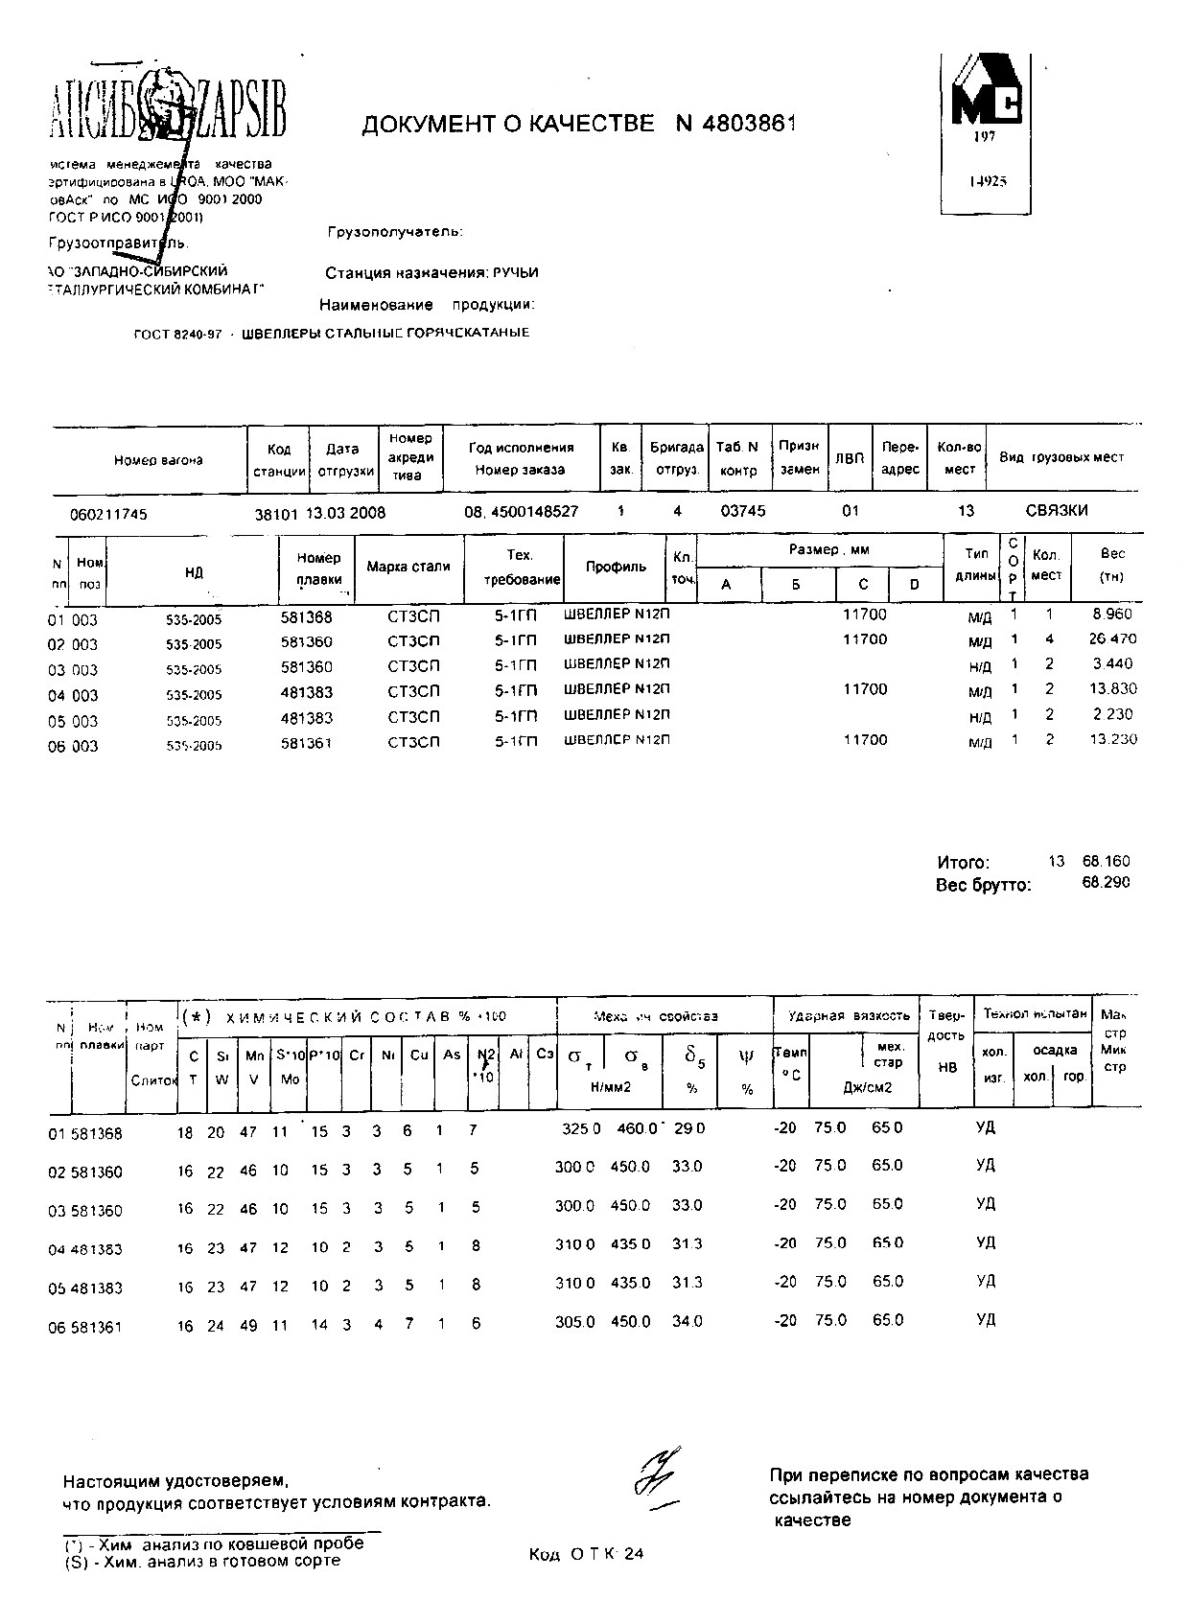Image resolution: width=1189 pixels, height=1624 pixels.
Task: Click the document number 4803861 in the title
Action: [749, 124]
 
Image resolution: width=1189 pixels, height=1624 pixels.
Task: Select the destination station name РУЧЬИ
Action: [516, 273]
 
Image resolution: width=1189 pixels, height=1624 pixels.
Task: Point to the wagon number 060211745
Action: [108, 515]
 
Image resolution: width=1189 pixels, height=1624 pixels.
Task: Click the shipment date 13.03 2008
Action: [345, 513]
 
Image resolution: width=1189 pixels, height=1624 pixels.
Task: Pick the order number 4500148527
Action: [534, 512]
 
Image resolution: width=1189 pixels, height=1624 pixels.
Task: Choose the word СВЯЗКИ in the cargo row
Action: [1057, 511]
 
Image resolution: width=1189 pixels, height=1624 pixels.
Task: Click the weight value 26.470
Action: [1112, 638]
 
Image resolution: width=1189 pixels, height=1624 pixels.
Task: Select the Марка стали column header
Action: [408, 567]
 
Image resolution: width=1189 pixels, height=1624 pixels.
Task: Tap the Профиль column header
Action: [616, 567]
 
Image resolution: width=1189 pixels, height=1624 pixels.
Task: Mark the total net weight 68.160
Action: [1106, 861]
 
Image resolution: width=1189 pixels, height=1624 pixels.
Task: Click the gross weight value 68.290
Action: [1106, 883]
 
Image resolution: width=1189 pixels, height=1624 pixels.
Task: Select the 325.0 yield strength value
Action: [581, 1129]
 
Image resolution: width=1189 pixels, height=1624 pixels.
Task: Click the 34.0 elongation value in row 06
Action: [688, 1321]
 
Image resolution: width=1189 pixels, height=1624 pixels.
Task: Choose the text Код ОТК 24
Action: [586, 1555]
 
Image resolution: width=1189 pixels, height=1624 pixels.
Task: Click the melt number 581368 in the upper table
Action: [306, 618]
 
